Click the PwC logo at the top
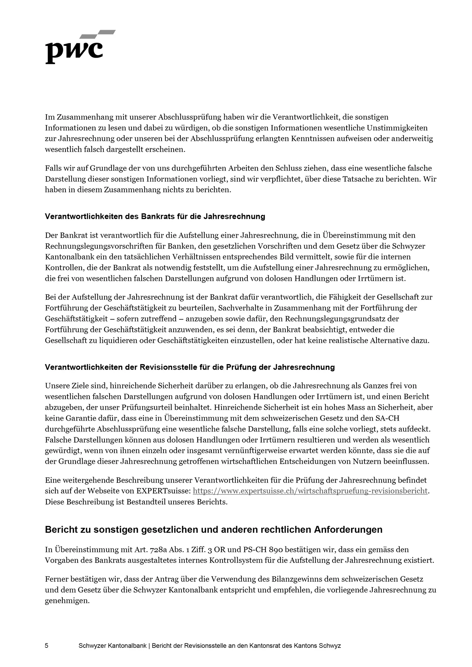coord(80,47)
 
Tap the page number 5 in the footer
coord(47,645)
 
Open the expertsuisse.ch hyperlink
coord(310,491)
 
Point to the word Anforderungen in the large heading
coord(348,530)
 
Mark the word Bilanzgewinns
coord(302,579)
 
